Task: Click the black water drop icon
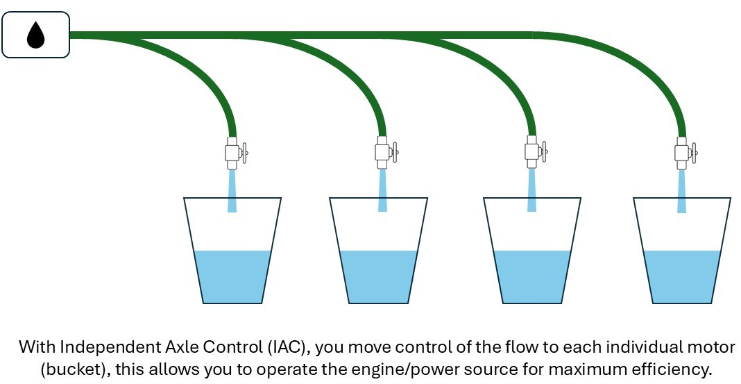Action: click(35, 35)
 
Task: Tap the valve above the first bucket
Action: click(233, 152)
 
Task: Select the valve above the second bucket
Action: click(382, 152)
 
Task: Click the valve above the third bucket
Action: click(532, 152)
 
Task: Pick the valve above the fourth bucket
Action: click(682, 152)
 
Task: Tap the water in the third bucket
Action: click(532, 276)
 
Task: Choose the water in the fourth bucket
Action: click(682, 276)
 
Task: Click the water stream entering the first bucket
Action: click(232, 191)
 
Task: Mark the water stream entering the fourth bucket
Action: click(682, 191)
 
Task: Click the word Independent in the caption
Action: click(96, 347)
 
